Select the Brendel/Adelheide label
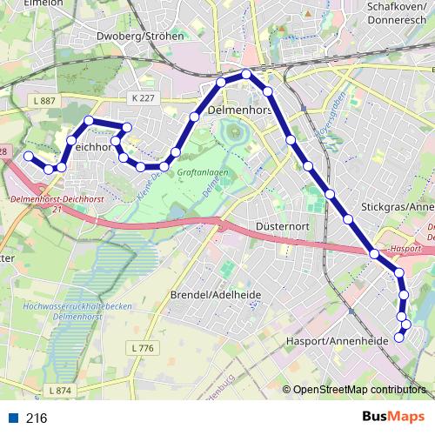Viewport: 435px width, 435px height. (x=216, y=294)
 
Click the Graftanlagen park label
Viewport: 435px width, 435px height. (x=202, y=173)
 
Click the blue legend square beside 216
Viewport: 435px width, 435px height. (x=13, y=418)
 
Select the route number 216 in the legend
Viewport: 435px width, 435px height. (x=37, y=418)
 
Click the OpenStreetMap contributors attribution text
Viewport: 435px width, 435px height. (x=358, y=391)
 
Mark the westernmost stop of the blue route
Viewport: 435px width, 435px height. (x=28, y=156)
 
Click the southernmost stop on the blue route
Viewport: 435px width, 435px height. (x=399, y=337)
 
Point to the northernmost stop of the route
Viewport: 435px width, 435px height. (x=247, y=74)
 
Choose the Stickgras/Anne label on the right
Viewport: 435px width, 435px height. (x=397, y=208)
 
